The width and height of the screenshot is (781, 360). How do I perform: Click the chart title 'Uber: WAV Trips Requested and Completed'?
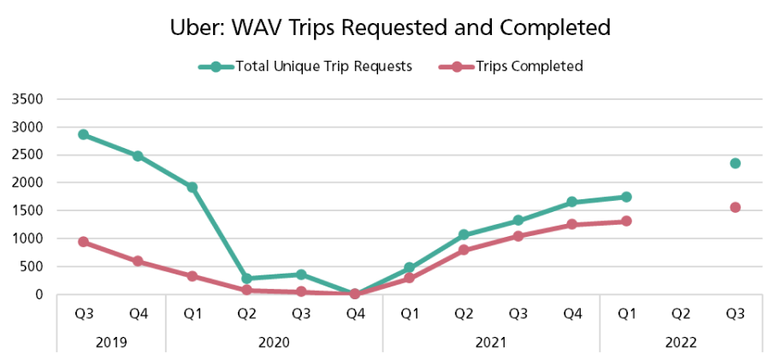click(390, 27)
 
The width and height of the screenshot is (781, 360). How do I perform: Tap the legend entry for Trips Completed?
click(511, 67)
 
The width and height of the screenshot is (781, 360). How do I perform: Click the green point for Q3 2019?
click(83, 134)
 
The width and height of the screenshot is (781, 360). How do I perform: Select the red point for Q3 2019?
click(83, 242)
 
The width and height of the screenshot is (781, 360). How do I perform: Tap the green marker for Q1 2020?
click(192, 187)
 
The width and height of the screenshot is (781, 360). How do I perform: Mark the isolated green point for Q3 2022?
click(735, 163)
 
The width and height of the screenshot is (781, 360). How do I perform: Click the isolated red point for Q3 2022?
click(735, 207)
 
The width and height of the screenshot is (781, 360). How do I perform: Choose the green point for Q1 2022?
click(626, 197)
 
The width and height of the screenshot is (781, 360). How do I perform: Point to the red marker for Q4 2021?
click(572, 224)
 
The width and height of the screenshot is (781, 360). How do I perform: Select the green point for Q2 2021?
click(464, 234)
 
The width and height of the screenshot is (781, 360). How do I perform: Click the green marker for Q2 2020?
click(246, 279)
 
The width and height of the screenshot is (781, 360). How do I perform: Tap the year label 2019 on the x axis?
click(111, 342)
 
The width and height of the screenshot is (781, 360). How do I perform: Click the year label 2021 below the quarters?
click(491, 342)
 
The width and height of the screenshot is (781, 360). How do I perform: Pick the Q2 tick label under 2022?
click(681, 315)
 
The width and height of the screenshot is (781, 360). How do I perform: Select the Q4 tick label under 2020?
click(355, 315)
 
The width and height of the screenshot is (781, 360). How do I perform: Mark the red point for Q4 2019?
click(138, 261)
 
